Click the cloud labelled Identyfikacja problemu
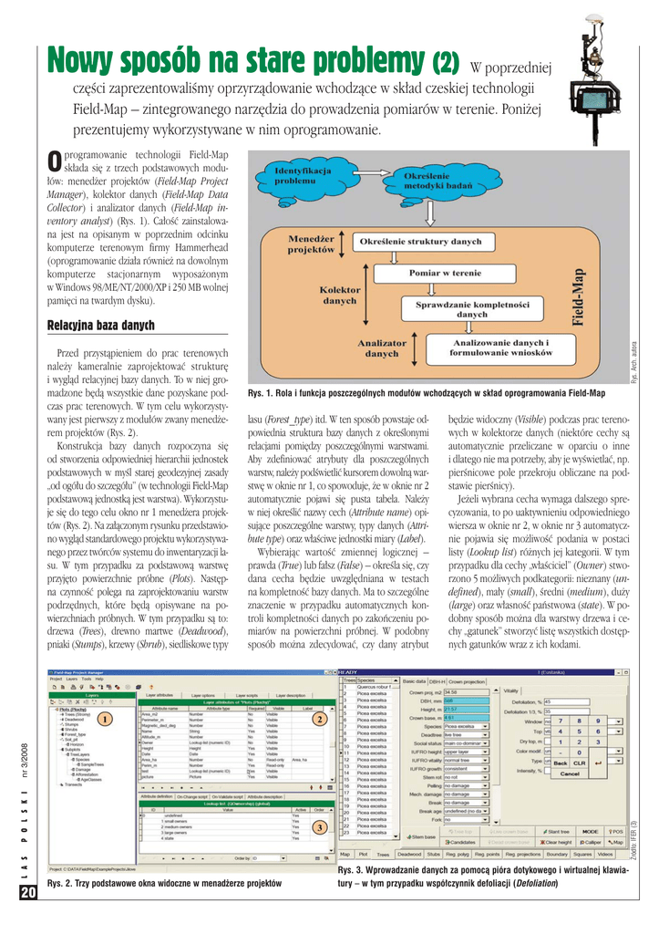coord(301,174)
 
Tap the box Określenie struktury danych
coord(420,242)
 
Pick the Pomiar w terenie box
coord(445,272)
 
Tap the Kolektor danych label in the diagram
coord(339,294)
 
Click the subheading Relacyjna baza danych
coord(100,326)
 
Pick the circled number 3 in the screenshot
coord(319,826)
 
